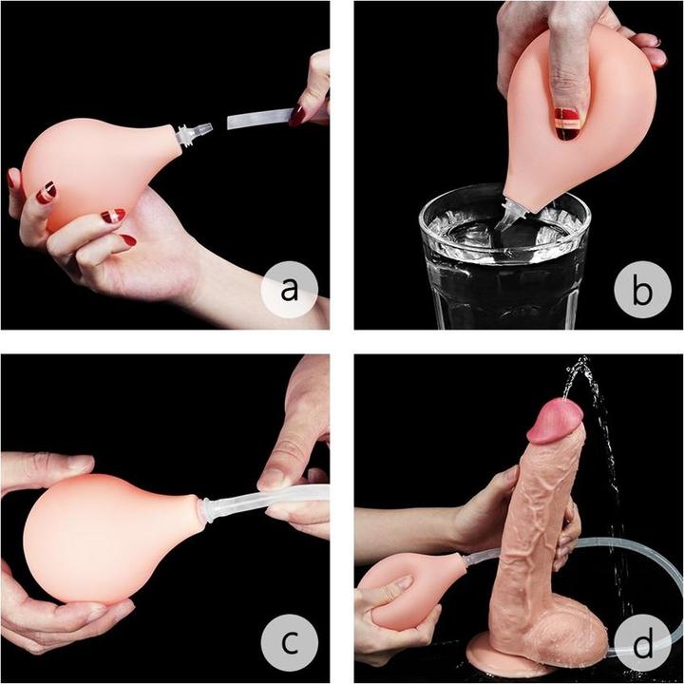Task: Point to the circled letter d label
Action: coord(642,646)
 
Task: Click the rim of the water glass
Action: coord(503,195)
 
